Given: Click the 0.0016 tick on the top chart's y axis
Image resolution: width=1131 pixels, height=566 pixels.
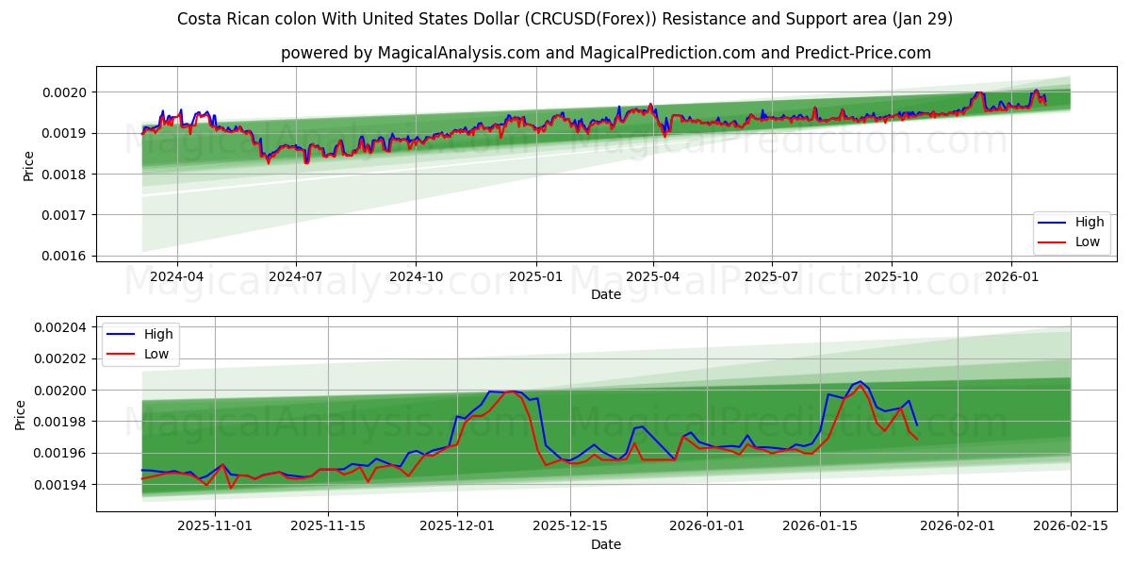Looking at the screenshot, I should click(x=64, y=256).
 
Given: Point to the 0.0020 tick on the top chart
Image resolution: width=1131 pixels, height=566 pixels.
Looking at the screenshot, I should click(x=64, y=92).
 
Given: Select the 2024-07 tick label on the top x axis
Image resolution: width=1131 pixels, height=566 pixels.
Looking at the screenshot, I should click(x=296, y=277).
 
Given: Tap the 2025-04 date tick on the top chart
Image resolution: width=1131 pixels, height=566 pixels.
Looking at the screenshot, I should click(x=653, y=277).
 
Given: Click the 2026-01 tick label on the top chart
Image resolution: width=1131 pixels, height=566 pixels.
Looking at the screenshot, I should click(x=1010, y=277).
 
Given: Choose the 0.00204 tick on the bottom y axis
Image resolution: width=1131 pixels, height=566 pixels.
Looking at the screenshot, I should click(x=60, y=327).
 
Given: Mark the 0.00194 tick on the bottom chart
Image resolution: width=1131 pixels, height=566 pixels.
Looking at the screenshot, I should click(x=60, y=485).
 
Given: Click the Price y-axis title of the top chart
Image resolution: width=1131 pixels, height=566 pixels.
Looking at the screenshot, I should click(x=28, y=165).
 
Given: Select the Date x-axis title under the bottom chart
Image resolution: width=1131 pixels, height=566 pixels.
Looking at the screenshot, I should click(x=605, y=544).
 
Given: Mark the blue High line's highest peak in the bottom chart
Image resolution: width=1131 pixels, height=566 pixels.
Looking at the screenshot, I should click(x=860, y=382).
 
